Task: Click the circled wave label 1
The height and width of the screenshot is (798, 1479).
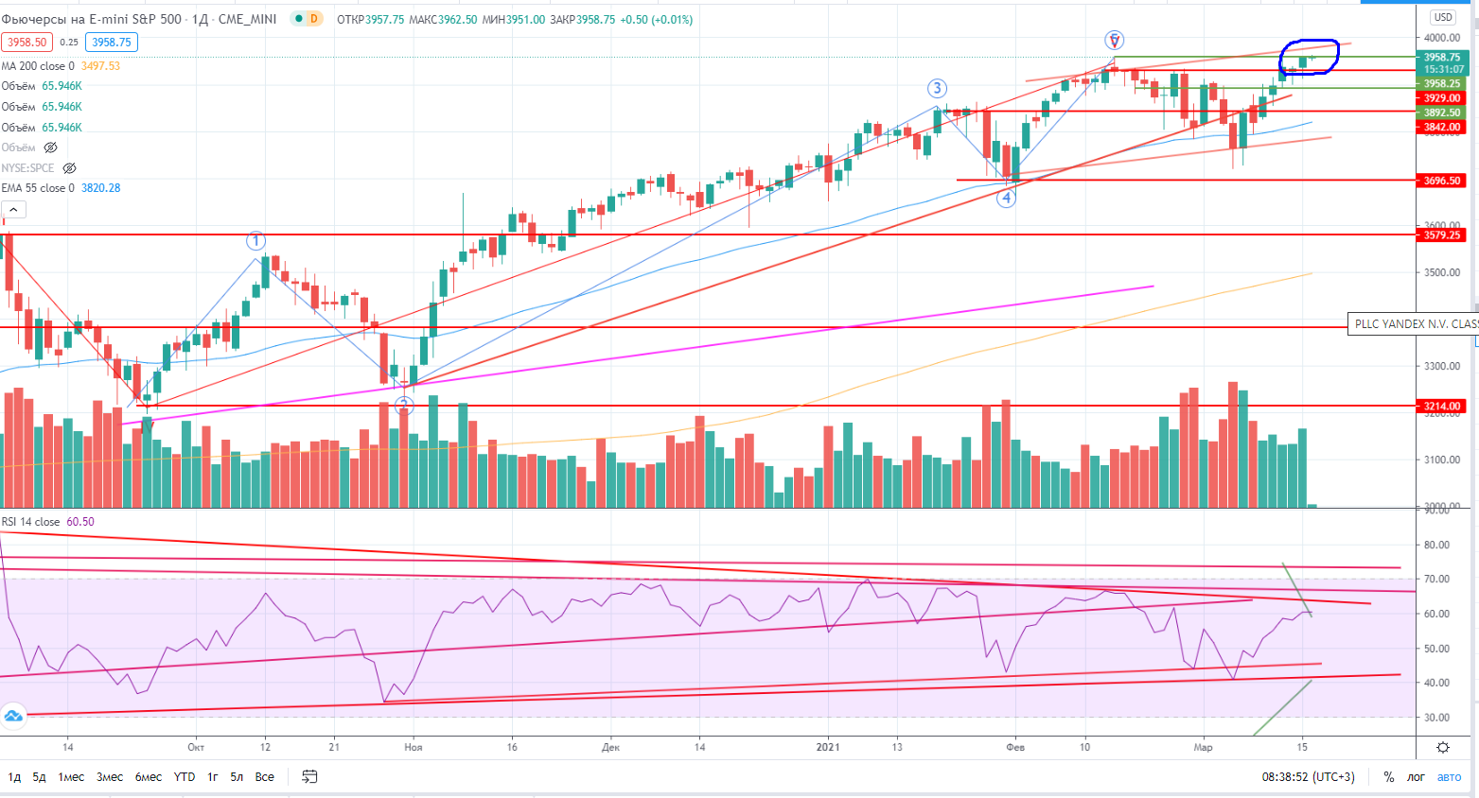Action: [255, 240]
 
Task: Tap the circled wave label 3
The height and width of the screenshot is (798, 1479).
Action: [937, 89]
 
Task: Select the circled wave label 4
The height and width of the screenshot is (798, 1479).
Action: [1007, 198]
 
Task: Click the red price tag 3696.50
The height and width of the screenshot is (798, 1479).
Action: [1442, 181]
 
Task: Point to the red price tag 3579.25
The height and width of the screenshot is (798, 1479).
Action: [1442, 235]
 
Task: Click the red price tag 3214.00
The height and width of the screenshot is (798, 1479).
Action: [1442, 407]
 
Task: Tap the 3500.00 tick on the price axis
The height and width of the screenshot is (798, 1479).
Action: [1442, 273]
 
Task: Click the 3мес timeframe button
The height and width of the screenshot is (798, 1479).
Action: [110, 777]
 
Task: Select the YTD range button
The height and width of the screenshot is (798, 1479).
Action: [185, 777]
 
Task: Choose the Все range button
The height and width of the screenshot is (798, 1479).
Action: [265, 777]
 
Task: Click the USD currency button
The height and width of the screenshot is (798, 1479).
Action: [1443, 17]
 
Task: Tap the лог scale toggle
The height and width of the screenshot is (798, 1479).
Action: [1416, 777]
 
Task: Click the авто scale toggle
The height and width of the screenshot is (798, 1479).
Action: [1450, 777]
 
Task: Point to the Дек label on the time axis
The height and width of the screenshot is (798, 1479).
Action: [610, 747]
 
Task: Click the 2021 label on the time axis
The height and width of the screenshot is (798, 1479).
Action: [829, 747]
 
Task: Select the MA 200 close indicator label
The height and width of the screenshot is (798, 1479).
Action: [38, 66]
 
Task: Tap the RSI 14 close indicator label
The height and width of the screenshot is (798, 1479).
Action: [30, 522]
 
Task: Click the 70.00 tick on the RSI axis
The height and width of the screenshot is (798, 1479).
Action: [1436, 580]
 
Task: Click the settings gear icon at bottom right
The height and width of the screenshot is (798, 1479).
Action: [1443, 748]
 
